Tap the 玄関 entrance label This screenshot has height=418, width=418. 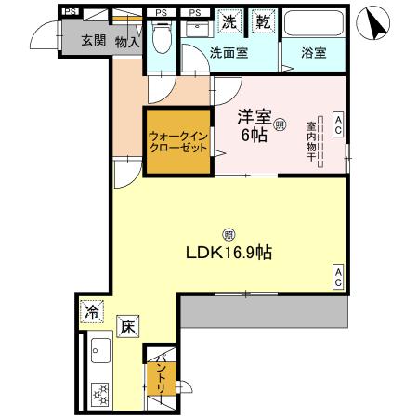[93, 40]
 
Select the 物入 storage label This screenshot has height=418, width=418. [127, 40]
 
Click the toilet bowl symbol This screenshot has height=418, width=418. [162, 37]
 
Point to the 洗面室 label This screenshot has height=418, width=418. [228, 54]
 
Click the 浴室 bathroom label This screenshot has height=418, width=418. [313, 54]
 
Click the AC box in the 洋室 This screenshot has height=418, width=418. [338, 124]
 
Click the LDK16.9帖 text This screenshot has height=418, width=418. [232, 253]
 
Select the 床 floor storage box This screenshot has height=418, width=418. [127, 326]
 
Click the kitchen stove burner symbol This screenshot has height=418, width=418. [98, 392]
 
